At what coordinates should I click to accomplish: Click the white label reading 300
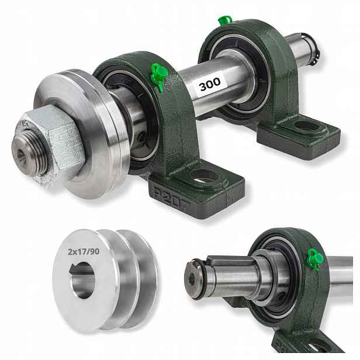pos(210,84)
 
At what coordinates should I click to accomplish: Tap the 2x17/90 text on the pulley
pos(84,252)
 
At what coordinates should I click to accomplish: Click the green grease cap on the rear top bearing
pos(225,20)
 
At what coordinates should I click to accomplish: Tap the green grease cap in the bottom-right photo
pos(315,259)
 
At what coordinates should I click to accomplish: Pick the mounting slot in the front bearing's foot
pos(204,176)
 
